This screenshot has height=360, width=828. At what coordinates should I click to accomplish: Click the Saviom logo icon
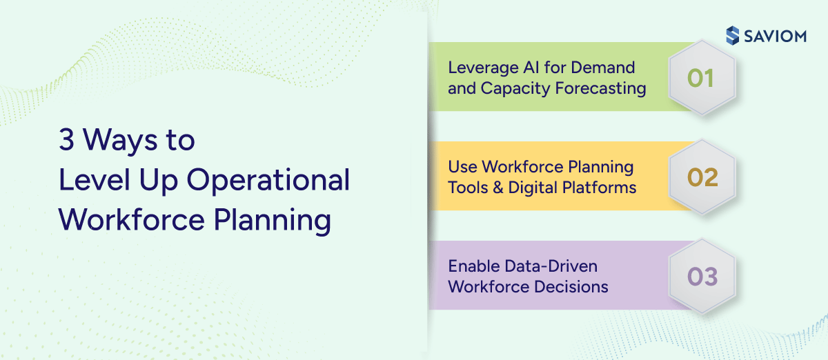click(x=733, y=36)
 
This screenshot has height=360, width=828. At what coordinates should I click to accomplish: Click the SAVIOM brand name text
click(x=775, y=37)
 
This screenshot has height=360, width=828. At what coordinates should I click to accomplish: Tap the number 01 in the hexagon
click(x=700, y=78)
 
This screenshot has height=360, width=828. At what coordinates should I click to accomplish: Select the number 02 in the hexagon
click(x=702, y=177)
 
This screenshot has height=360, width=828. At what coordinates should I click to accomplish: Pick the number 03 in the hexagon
click(x=702, y=277)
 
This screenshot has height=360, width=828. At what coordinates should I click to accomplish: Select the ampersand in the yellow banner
click(x=497, y=188)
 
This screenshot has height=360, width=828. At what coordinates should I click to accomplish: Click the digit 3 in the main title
click(x=66, y=141)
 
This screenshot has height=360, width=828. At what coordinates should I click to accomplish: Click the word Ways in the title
click(x=120, y=141)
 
